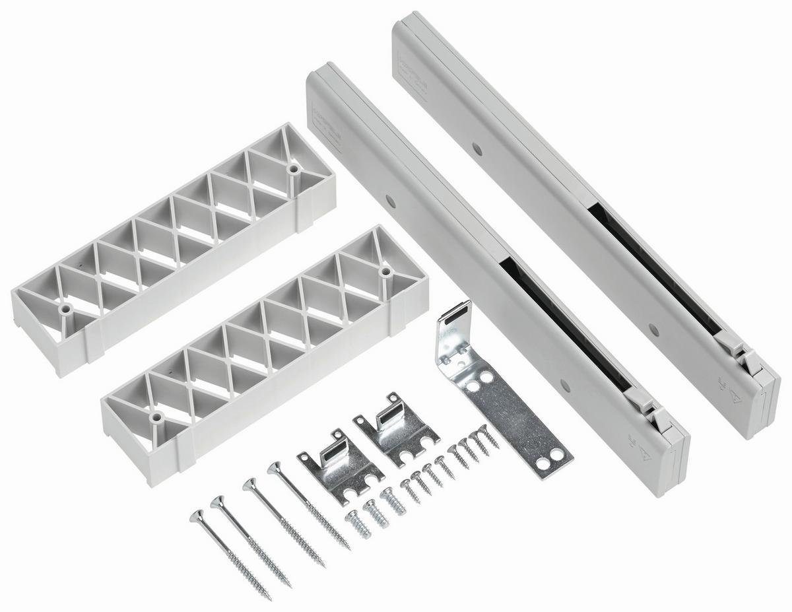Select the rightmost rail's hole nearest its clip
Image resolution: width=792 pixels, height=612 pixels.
[x=653, y=327]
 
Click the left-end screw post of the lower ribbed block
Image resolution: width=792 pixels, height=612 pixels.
[x=156, y=419]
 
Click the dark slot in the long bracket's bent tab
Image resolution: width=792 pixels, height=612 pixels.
[x=456, y=314]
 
